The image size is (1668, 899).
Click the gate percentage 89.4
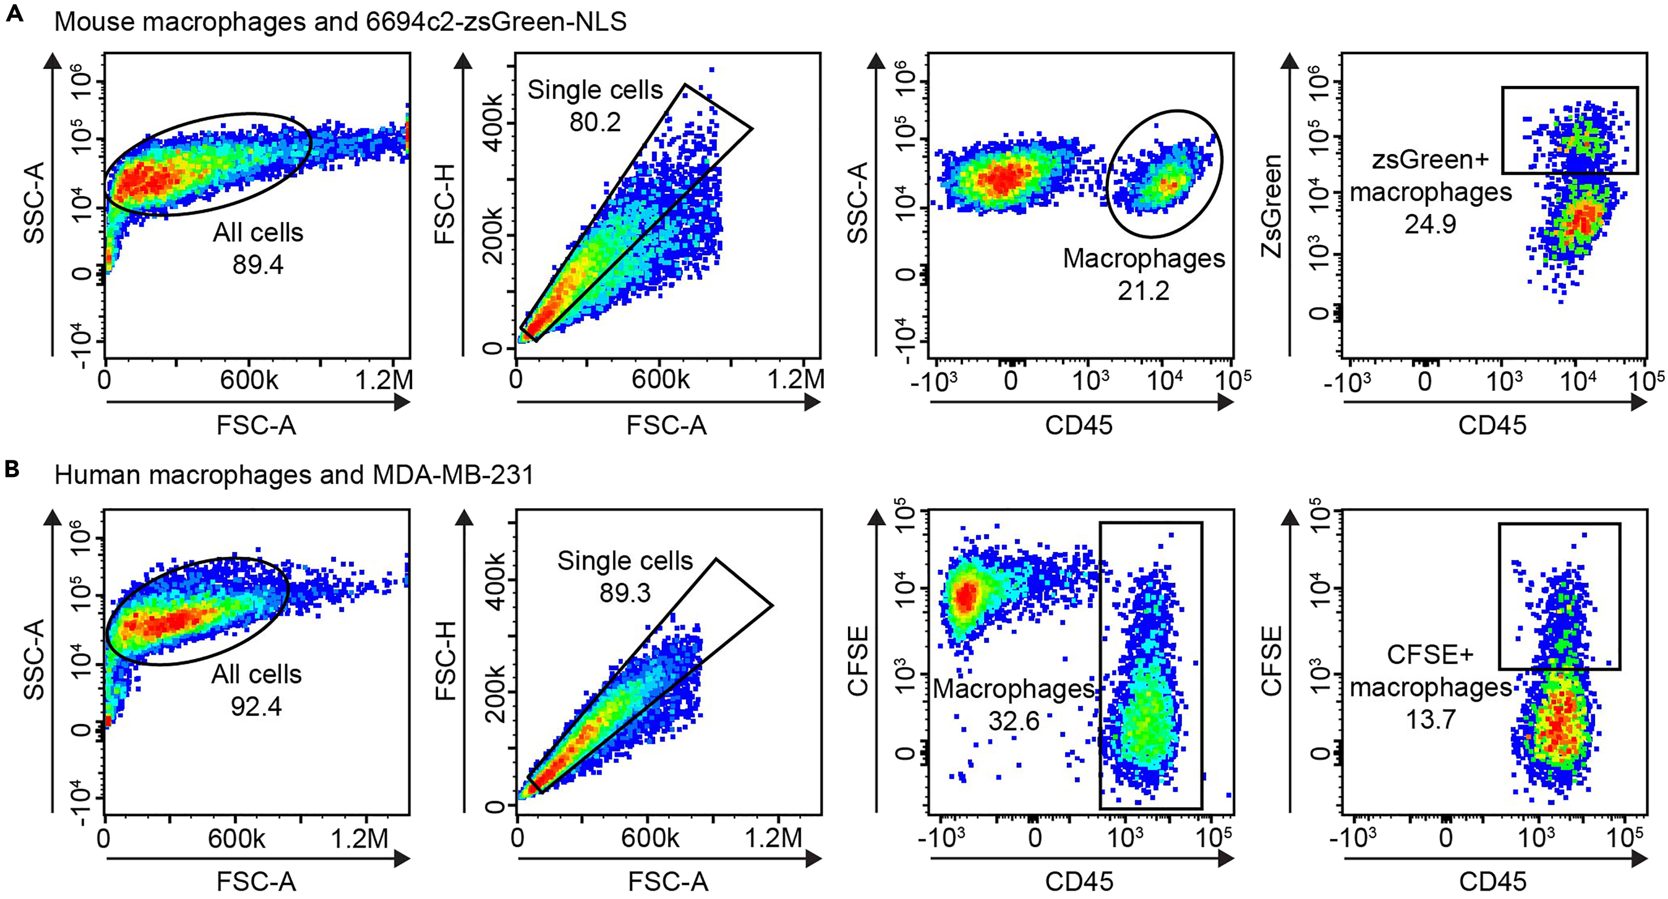[x=258, y=265]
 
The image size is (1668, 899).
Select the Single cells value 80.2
[x=595, y=122]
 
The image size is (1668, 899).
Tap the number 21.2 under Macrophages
[x=1143, y=291]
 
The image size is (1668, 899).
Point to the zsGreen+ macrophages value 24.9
[x=1430, y=224]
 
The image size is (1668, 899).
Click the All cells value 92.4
[x=256, y=706]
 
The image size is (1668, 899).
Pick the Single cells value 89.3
[x=625, y=593]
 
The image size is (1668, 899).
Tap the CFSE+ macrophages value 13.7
[x=1430, y=719]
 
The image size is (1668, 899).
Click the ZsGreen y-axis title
[x=1272, y=206]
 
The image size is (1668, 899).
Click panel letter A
[x=14, y=14]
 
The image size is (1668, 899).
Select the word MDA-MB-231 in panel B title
[x=453, y=475]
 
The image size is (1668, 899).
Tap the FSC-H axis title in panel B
[x=446, y=661]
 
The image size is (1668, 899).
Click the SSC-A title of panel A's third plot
[x=858, y=203]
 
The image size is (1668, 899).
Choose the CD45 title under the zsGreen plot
[x=1492, y=425]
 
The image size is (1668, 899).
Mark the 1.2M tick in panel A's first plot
[x=384, y=380]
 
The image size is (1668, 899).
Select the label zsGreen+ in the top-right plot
[x=1431, y=160]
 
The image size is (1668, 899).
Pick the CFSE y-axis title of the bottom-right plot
[x=1272, y=661]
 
